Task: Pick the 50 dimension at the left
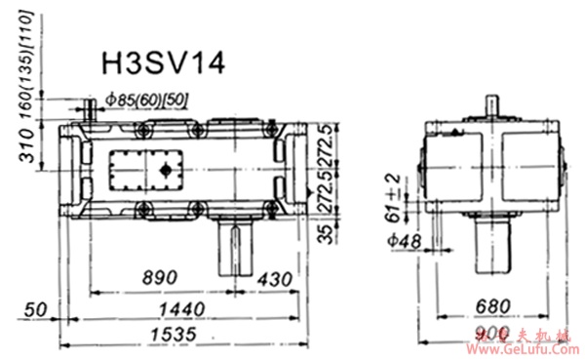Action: pyautogui.click(x=36, y=309)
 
